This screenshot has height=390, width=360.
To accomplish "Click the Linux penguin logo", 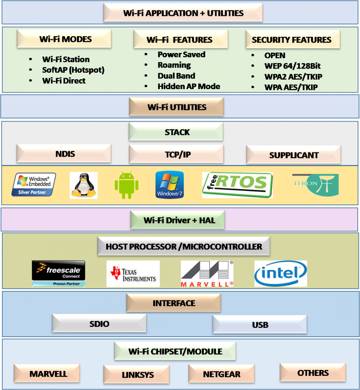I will point(83,185).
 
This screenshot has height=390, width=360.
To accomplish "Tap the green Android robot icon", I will point(126,185).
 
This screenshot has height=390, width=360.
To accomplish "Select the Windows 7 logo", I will point(170,185).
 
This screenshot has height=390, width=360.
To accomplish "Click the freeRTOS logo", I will point(237,185).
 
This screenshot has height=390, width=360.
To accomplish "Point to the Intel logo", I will point(280,273).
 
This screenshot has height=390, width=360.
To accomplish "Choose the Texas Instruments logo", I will point(133,273).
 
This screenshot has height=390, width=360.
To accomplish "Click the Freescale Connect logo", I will point(58,273).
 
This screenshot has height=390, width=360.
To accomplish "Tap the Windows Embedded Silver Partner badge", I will point(34,185).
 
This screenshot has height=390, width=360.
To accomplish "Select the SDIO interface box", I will point(99,324).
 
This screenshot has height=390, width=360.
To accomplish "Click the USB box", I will point(260,325).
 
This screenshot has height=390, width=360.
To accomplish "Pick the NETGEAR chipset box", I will point(221,374).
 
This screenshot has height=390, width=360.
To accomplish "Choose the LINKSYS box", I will point(136,375).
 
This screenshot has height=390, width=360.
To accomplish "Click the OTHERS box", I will point(313,373).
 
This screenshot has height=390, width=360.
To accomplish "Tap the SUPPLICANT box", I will point(293,155).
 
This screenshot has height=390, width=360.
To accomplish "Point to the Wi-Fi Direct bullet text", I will point(64,81).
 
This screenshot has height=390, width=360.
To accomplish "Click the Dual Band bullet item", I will point(176,76).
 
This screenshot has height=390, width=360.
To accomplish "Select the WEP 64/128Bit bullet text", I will point(292,66).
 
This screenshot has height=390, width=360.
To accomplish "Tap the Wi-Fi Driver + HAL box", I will point(178,220).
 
